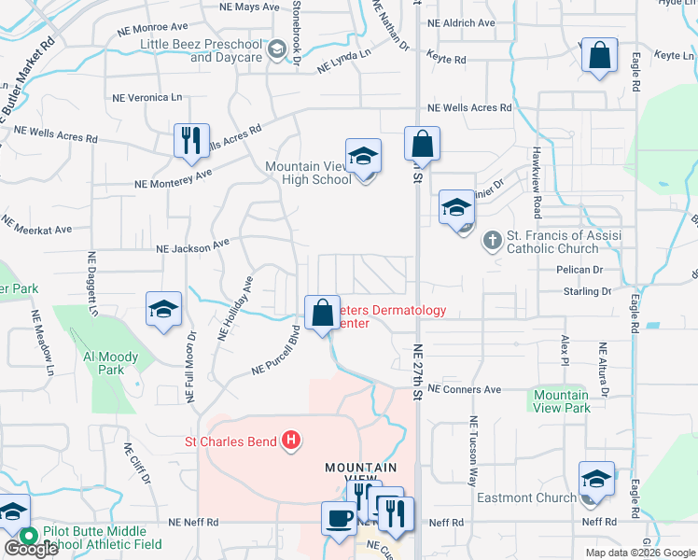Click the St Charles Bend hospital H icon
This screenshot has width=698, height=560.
point(291,441)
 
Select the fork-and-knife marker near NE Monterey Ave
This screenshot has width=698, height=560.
point(190,141)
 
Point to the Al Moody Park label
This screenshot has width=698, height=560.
point(110,363)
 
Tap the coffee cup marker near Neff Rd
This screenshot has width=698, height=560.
point(339,518)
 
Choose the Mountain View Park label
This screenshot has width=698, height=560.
point(562,401)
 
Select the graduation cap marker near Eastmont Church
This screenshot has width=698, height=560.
point(596,480)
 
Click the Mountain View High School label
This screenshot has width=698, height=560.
point(308,173)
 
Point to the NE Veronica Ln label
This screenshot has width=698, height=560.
point(147,97)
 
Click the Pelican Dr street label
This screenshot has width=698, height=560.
point(578,270)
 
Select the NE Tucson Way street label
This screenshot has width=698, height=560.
point(473,451)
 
